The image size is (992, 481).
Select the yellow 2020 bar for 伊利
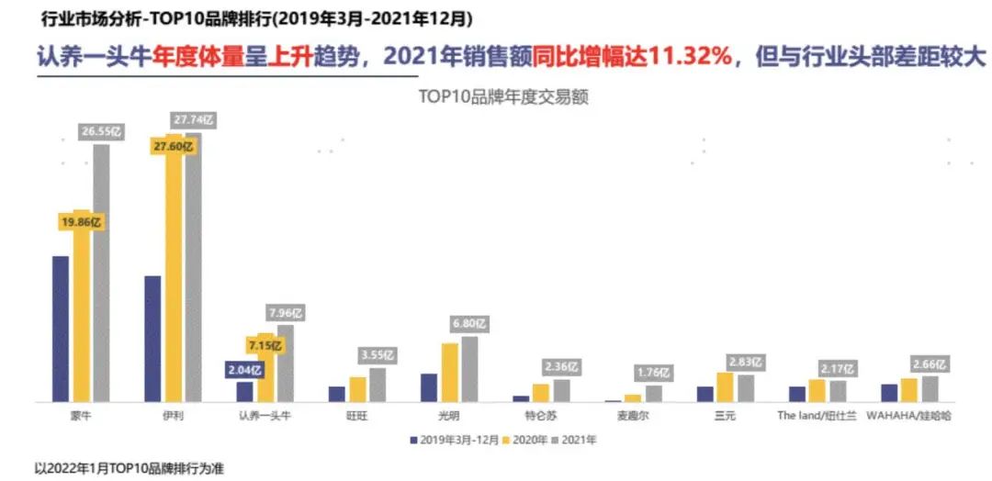(x=174, y=271)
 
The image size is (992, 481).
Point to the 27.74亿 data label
(x=193, y=119)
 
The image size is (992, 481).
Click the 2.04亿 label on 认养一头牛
(x=242, y=370)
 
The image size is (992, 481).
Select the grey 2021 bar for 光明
(x=469, y=369)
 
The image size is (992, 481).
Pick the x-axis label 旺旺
(x=355, y=416)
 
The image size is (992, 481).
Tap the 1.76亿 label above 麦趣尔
(x=653, y=373)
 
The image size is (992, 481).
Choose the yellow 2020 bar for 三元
(x=725, y=387)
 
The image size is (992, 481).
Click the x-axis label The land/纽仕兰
(x=817, y=416)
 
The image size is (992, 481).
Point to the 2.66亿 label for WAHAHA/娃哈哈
(x=929, y=364)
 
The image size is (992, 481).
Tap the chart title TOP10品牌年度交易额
(x=502, y=95)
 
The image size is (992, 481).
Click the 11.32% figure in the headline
(x=691, y=56)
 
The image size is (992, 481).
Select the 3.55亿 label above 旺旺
(x=378, y=355)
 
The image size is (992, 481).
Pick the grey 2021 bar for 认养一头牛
(x=286, y=364)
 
